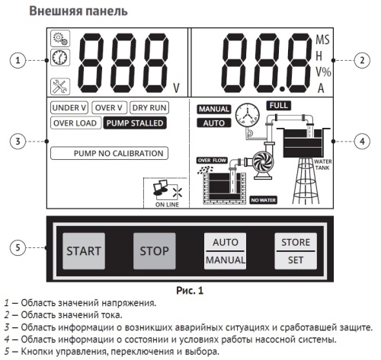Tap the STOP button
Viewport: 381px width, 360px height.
pyautogui.click(x=155, y=250)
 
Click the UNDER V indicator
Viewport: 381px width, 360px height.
pyautogui.click(x=70, y=109)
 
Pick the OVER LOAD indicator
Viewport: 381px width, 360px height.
pyautogui.click(x=75, y=123)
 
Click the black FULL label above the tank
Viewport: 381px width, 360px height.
pyautogui.click(x=279, y=104)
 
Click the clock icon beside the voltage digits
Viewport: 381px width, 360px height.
pyautogui.click(x=60, y=56)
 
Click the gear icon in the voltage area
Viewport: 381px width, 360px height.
pyautogui.click(x=59, y=39)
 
